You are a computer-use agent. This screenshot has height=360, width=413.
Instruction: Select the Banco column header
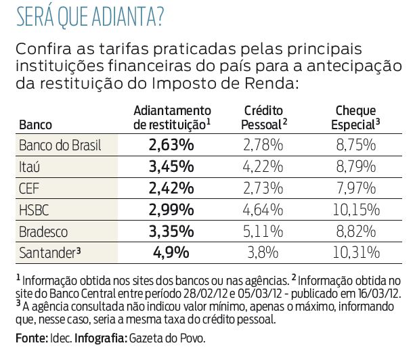click(36, 125)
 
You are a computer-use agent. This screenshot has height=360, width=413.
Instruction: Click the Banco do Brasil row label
click(60, 145)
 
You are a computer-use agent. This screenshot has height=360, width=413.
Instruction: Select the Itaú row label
click(32, 165)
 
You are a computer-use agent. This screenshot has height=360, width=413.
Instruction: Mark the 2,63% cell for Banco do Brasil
click(171, 145)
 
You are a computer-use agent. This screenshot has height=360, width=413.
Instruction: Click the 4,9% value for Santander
click(171, 252)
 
